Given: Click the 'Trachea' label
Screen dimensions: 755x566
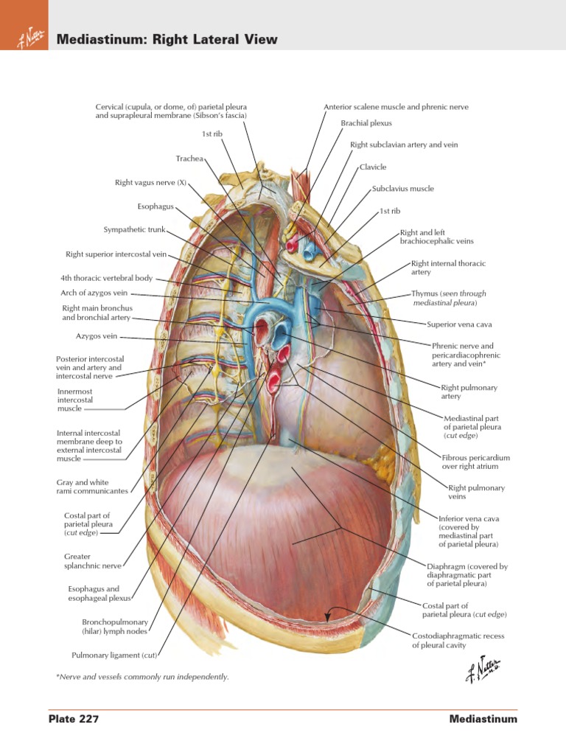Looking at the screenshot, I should coord(189,159).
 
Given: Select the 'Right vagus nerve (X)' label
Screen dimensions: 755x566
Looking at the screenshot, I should coord(150,183).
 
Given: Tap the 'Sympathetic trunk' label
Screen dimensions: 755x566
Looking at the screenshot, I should coord(135,230).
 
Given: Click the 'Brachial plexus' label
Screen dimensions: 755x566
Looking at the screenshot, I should coord(366,123).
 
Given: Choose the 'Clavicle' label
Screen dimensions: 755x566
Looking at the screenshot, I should coord(373,167).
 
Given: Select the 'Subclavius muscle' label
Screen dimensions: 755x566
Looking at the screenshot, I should coord(403,189).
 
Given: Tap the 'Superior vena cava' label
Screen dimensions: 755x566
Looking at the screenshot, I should coord(459,324).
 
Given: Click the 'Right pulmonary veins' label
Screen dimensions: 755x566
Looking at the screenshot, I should coord(477,492).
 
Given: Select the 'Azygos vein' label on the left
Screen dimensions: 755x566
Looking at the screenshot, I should coord(97,336).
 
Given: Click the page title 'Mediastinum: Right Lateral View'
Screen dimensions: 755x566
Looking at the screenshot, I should coord(167,39).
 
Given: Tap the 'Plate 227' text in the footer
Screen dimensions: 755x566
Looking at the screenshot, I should coord(74,719).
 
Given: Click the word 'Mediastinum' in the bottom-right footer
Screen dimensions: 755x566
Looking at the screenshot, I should coord(483,719).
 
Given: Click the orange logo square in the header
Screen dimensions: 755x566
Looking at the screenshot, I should coord(24,25).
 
